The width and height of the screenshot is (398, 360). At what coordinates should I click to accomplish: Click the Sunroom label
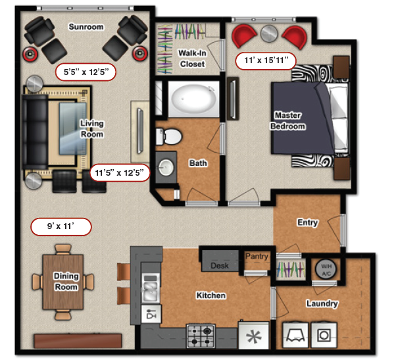pyautogui.click(x=86, y=27)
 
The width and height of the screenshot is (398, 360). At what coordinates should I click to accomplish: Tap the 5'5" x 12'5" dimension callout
pyautogui.click(x=86, y=70)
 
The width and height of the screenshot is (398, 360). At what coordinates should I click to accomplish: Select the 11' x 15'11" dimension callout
pyautogui.click(x=266, y=61)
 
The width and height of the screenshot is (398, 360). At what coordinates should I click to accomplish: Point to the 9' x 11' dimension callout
pyautogui.click(x=61, y=227)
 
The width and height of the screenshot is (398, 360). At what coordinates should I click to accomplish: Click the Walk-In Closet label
pyautogui.click(x=191, y=58)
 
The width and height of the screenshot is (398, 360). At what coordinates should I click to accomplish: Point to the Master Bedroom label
pyautogui.click(x=289, y=121)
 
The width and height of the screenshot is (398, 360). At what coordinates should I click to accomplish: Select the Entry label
pyautogui.click(x=308, y=222)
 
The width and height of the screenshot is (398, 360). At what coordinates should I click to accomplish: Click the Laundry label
pyautogui.click(x=322, y=303)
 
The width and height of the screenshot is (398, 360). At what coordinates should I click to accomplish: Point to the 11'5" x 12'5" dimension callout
pyautogui.click(x=120, y=173)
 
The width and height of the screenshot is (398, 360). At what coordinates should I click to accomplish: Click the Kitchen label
pyautogui.click(x=211, y=296)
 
